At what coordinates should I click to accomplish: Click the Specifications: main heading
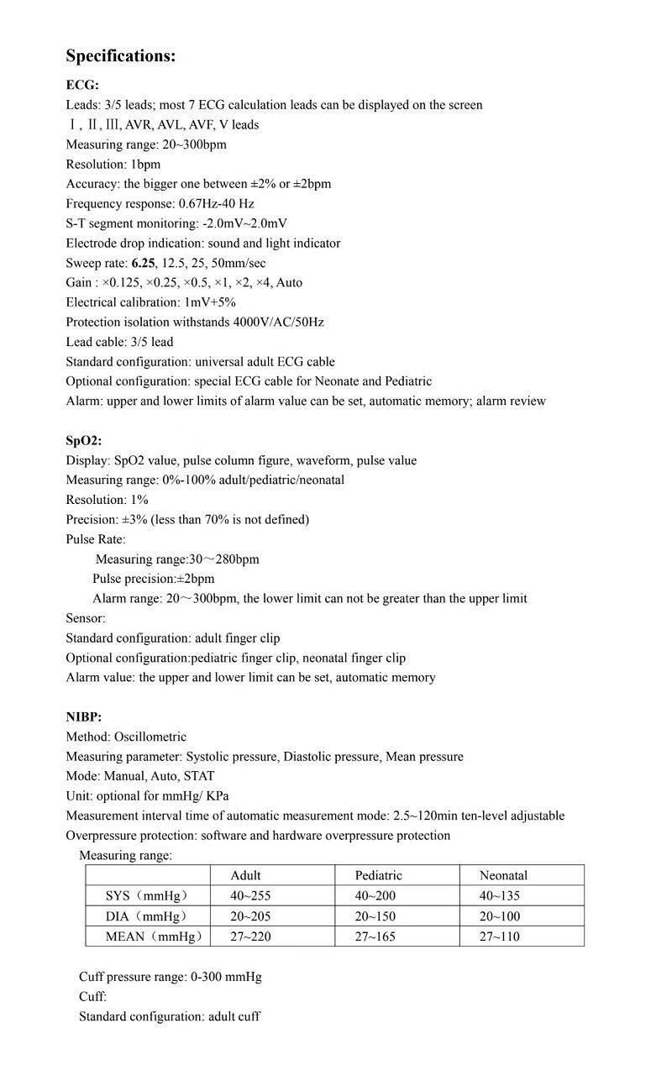(x=121, y=56)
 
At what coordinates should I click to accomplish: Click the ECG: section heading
(x=82, y=85)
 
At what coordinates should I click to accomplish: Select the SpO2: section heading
(x=84, y=440)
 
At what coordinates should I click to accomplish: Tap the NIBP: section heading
(x=84, y=716)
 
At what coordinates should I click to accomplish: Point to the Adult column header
(x=246, y=875)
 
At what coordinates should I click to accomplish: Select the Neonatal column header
(x=504, y=875)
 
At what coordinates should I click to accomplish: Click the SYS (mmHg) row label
(x=146, y=895)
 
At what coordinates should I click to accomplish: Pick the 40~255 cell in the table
(x=250, y=895)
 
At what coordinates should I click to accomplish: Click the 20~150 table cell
(x=375, y=915)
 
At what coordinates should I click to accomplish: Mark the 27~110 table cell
(x=500, y=936)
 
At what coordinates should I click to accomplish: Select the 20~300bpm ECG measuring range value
(x=192, y=144)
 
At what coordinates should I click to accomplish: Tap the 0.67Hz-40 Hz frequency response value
(x=217, y=203)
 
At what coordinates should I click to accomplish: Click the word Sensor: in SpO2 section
(x=86, y=618)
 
